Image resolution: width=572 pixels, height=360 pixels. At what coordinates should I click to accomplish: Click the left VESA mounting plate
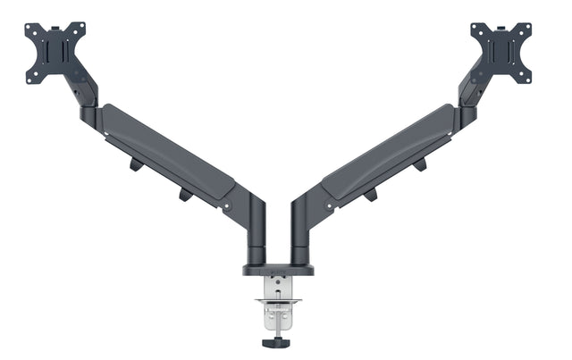click(55, 53)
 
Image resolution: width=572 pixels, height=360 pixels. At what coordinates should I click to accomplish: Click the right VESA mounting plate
click(501, 53)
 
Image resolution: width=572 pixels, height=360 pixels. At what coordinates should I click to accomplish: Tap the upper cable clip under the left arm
click(135, 164)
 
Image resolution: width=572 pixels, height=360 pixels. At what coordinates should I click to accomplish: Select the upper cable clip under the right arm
click(420, 164)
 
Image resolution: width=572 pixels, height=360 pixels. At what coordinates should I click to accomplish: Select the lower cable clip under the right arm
click(370, 194)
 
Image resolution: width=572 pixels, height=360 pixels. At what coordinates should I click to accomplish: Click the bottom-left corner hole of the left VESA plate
click(29, 79)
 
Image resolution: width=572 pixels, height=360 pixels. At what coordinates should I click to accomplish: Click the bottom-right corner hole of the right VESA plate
click(526, 79)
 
